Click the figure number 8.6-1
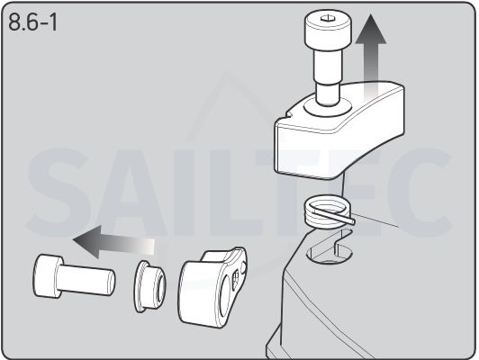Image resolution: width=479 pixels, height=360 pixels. pos(32,22)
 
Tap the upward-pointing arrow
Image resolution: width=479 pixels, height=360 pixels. pos(371,58)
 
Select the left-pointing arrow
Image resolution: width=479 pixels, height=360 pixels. pos(113,242)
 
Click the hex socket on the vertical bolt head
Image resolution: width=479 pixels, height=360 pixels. pos(327,19)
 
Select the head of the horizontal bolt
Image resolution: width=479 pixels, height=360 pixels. pos(48,276)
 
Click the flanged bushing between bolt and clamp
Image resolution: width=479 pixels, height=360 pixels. pos(149,286)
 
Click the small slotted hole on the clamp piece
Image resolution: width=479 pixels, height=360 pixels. pos(236,280)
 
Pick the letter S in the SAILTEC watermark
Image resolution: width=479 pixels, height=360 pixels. pos(57,193)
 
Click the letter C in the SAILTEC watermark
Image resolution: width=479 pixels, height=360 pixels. pos(419,193)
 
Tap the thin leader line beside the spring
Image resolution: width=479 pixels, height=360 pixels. pos(376,220)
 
